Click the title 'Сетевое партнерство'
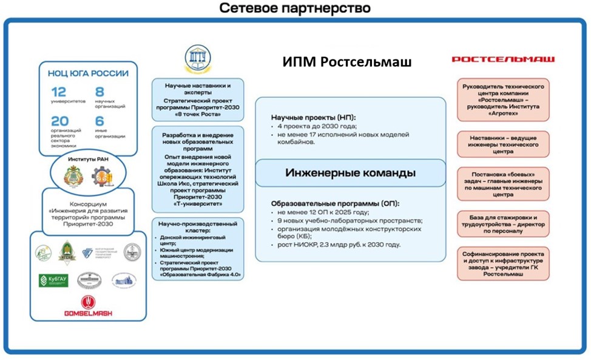[x=295, y=8]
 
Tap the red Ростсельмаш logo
[x=503, y=59]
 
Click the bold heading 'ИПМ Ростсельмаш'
[x=347, y=62]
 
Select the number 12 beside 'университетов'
[x=59, y=93]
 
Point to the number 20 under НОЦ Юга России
[x=59, y=121]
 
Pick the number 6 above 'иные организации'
[x=100, y=121]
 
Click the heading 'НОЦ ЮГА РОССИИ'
[x=88, y=73]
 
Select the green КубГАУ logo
[x=53, y=280]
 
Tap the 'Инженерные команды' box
[x=350, y=173]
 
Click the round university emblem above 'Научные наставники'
[x=198, y=58]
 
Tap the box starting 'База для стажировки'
[x=503, y=223]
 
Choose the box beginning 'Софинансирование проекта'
[x=503, y=263]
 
